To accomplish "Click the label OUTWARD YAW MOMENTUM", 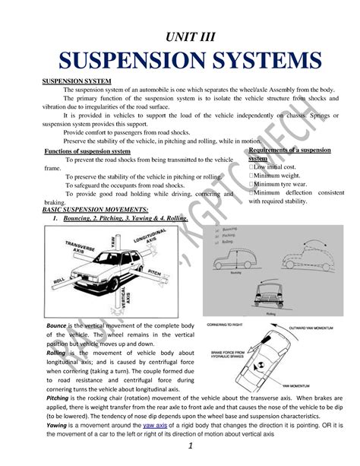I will pyautogui.click(x=315, y=329).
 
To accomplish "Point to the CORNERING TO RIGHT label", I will pyautogui.click(x=227, y=324).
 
